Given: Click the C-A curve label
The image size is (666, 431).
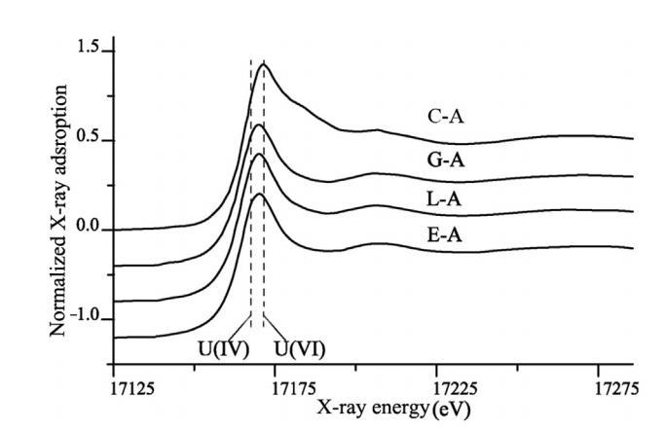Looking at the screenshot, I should click(x=446, y=118).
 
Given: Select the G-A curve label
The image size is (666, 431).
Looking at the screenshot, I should click(x=446, y=161).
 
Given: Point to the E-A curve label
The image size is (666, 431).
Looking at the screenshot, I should click(x=446, y=236).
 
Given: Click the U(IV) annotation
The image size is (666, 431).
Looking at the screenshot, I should click(x=221, y=346).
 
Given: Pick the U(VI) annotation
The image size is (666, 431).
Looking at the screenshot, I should click(x=299, y=346).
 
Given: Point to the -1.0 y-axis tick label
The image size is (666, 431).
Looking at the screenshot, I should click(x=86, y=320).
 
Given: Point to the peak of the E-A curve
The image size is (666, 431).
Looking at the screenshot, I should click(x=258, y=195).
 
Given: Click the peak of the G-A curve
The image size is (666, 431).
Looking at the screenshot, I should click(x=257, y=125).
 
